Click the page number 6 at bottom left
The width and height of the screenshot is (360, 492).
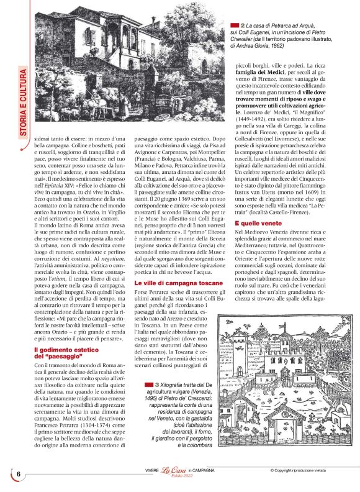[x=19, y=474]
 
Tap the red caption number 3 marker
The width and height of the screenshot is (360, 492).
[x=140, y=386]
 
